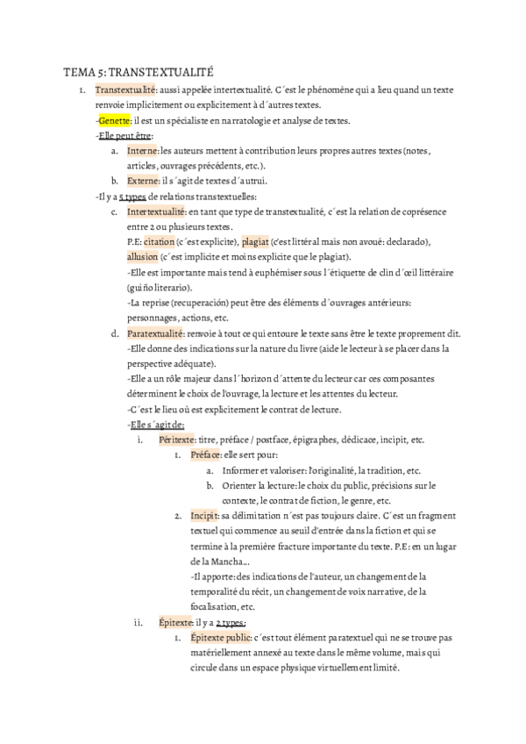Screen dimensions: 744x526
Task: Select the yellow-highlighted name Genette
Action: pyautogui.click(x=114, y=120)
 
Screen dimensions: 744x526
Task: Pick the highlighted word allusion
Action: pyautogui.click(x=143, y=256)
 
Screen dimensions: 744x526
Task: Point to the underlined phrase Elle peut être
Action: pyautogui.click(x=125, y=135)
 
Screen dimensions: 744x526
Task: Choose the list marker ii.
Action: pyautogui.click(x=138, y=622)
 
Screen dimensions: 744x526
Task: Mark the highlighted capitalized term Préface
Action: pyautogui.click(x=206, y=454)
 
